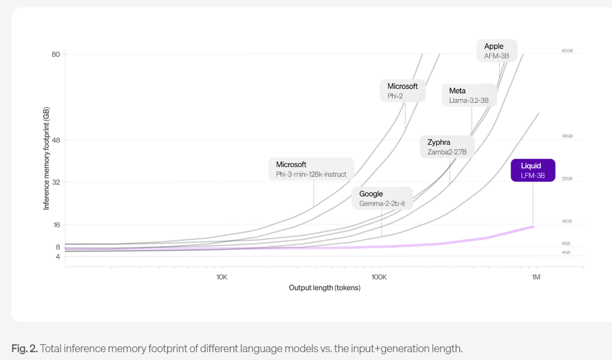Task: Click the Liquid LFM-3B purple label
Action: [x=533, y=170]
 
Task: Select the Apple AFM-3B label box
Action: [x=496, y=51]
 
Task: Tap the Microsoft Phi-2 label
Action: [x=402, y=91]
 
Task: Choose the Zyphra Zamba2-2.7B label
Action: [x=447, y=147]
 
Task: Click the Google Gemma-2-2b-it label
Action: [x=382, y=199]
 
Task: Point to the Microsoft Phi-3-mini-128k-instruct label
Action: [x=311, y=169]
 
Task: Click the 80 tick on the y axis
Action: [x=55, y=54]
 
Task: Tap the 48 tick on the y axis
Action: [x=55, y=140]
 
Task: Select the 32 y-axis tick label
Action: [x=55, y=182]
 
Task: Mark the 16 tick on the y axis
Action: [x=55, y=225]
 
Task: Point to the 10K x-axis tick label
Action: [x=221, y=276]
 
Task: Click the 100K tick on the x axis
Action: [x=379, y=276]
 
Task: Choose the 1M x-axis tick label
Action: [x=536, y=276]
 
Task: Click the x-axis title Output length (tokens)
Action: [x=325, y=288]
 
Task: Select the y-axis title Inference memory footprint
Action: [x=47, y=159]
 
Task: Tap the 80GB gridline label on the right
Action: [x=567, y=51]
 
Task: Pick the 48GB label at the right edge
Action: [x=567, y=136]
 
